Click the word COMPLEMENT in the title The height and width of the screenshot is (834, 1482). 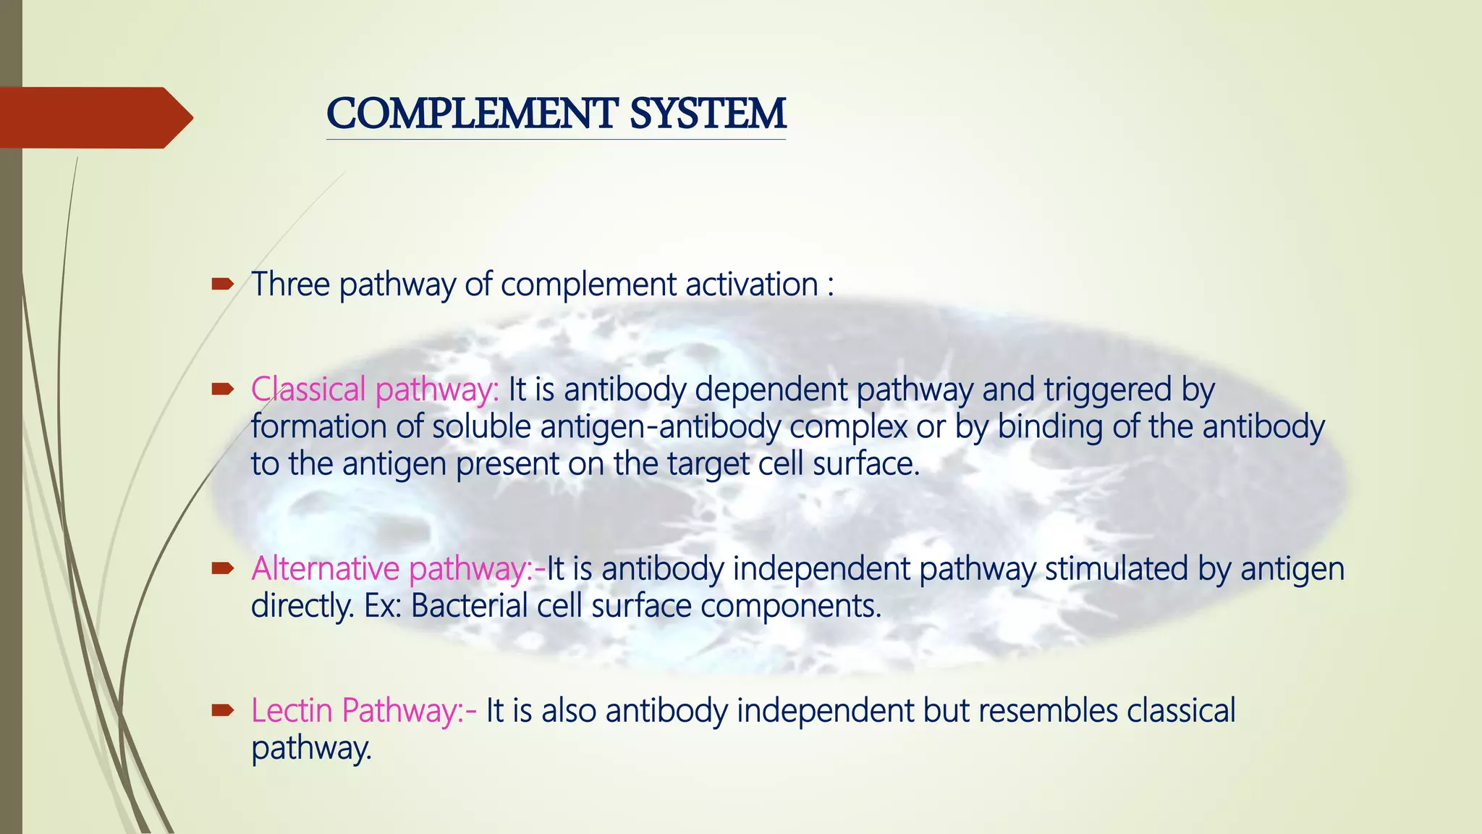pyautogui.click(x=471, y=114)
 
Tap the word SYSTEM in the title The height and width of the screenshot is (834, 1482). pyautogui.click(x=707, y=114)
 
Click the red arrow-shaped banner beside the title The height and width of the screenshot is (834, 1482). pyautogui.click(x=94, y=117)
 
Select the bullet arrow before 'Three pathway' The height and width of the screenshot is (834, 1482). pyautogui.click(x=221, y=285)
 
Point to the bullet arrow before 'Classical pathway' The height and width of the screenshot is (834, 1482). pyautogui.click(x=221, y=390)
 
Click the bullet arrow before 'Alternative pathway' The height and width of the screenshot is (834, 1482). pyautogui.click(x=221, y=569)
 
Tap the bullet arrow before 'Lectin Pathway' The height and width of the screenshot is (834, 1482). pyautogui.click(x=221, y=711)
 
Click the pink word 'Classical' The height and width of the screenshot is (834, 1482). pyautogui.click(x=308, y=390)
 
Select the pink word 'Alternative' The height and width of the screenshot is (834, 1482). pyautogui.click(x=325, y=569)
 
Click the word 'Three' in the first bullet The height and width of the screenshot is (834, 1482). pyautogui.click(x=290, y=285)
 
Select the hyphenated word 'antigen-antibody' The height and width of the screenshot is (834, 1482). pyautogui.click(x=660, y=427)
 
